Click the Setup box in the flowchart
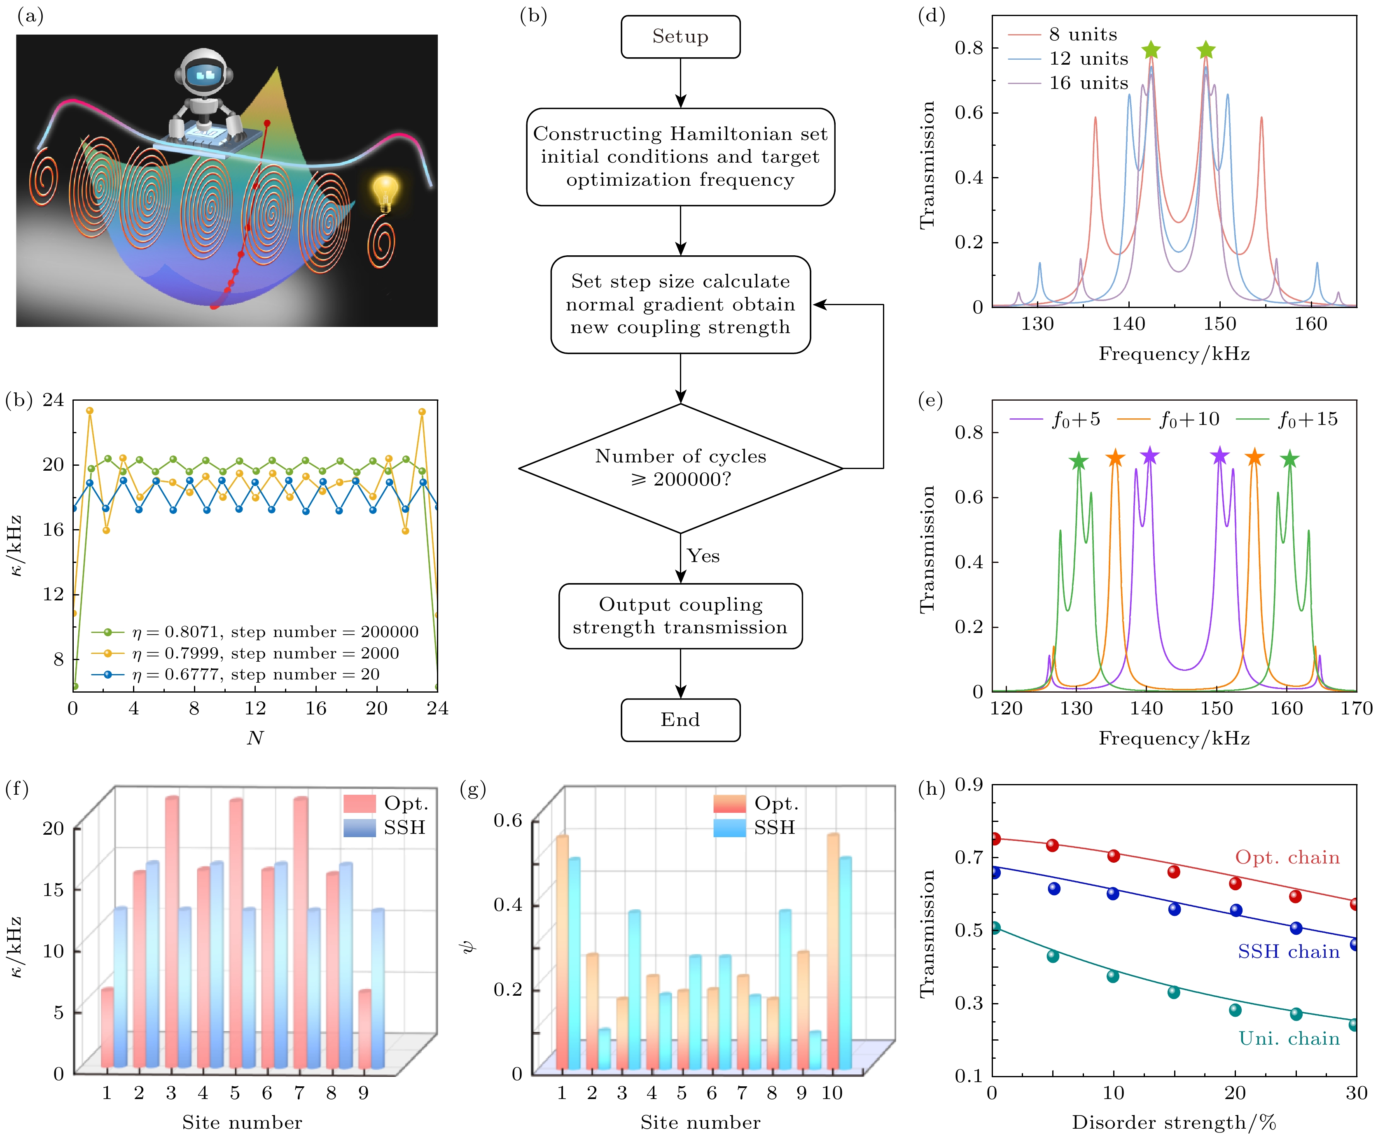click(x=680, y=37)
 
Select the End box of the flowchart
click(x=680, y=720)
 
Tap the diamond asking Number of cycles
click(x=680, y=468)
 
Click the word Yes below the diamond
click(x=703, y=556)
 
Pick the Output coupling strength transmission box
click(x=680, y=616)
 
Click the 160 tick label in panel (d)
click(x=1310, y=324)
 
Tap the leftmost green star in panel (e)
click(x=1079, y=461)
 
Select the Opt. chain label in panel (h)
click(x=1287, y=857)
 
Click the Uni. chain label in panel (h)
click(x=1289, y=1039)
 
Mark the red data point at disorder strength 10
click(x=1114, y=856)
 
